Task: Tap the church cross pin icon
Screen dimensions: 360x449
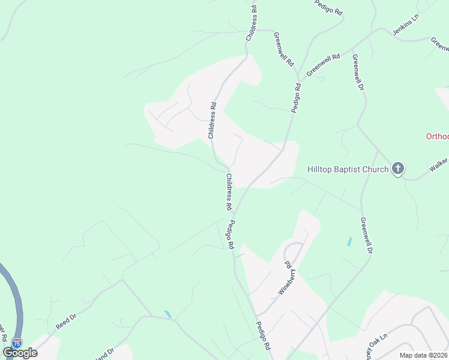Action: point(398,169)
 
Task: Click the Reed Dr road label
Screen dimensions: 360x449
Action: point(66,321)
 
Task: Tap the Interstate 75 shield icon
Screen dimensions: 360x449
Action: point(16,344)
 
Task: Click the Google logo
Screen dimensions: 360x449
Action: point(20,352)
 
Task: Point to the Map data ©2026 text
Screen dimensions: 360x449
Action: point(423,355)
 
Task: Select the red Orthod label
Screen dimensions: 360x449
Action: point(437,136)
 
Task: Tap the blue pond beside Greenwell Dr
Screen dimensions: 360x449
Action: point(349,242)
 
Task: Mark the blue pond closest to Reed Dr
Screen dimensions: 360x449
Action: point(167,314)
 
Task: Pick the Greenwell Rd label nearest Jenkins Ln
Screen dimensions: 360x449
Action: point(324,65)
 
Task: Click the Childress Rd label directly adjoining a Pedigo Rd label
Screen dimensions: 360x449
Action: point(228,191)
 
